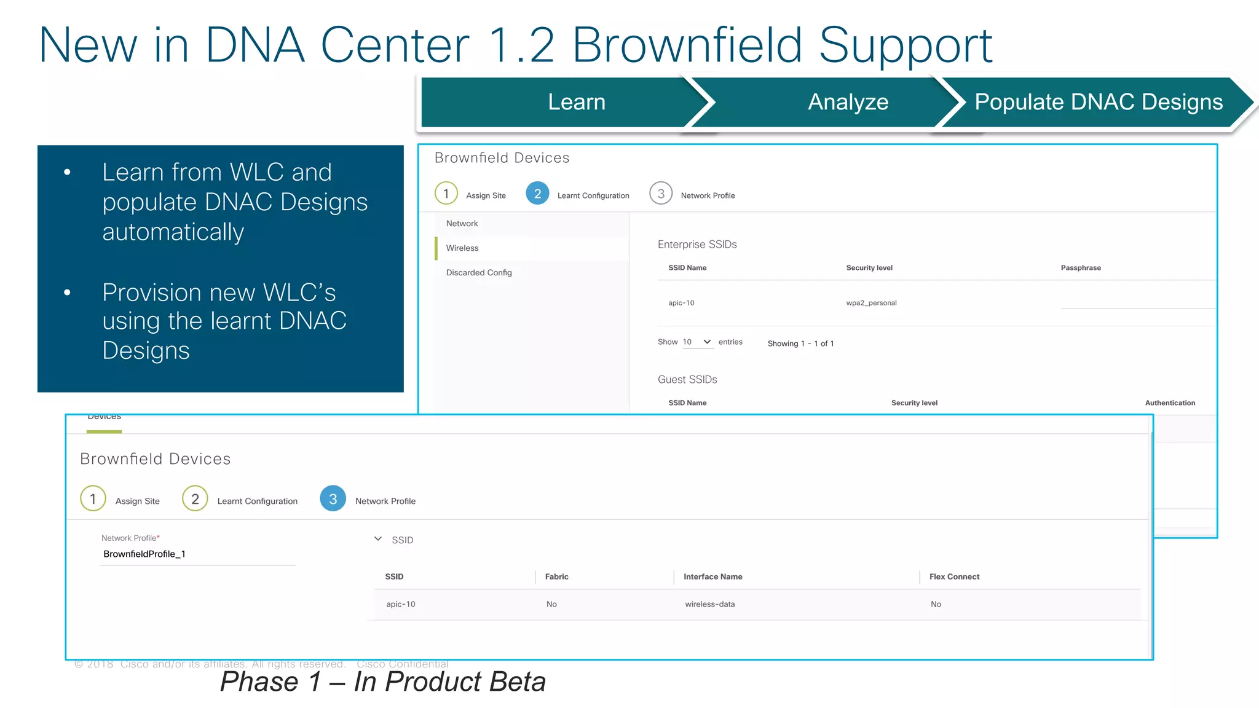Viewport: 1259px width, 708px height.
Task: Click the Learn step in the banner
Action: (x=576, y=102)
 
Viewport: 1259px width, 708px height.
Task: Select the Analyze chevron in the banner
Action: (x=847, y=102)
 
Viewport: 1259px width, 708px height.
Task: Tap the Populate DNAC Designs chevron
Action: (x=1098, y=102)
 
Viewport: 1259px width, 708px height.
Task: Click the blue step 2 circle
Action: (x=537, y=194)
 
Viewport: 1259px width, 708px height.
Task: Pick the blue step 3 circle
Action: (x=333, y=499)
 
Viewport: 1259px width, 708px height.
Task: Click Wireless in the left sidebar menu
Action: (x=462, y=248)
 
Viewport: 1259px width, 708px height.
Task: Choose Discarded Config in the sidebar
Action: (x=479, y=273)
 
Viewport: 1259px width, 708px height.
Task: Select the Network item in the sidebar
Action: (x=462, y=224)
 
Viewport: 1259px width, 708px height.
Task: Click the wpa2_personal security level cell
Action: (x=871, y=303)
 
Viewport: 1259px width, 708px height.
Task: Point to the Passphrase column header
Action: (x=1080, y=268)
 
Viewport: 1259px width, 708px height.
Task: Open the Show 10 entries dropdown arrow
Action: (x=707, y=342)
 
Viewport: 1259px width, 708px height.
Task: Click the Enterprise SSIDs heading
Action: (x=697, y=245)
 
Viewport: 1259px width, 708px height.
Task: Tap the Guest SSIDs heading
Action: (x=687, y=380)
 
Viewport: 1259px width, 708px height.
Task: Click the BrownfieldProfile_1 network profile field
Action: (x=197, y=554)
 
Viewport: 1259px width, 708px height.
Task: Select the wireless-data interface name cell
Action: (x=709, y=605)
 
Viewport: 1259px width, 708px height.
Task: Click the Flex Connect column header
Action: (x=954, y=577)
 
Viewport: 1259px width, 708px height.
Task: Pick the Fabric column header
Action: (x=556, y=577)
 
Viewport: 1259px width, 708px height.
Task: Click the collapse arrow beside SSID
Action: (x=378, y=539)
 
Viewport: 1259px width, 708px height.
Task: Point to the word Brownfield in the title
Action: (x=687, y=45)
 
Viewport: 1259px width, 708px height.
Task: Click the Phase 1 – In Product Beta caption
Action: (x=382, y=682)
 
